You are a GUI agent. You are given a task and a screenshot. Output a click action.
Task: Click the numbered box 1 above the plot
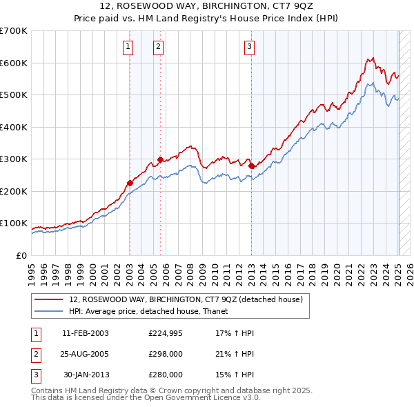[129, 47]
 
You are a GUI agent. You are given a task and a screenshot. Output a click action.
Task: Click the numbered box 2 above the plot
[158, 47]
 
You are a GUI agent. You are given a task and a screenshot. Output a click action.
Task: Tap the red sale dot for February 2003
[130, 183]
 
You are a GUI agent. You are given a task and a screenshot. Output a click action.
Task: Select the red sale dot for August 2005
[160, 159]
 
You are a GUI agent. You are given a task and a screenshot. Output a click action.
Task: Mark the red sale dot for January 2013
[251, 166]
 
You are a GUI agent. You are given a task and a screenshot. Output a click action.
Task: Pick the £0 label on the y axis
[21, 255]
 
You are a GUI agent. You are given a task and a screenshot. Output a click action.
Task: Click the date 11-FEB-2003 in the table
[86, 333]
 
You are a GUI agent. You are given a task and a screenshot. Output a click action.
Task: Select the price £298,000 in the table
[166, 354]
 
